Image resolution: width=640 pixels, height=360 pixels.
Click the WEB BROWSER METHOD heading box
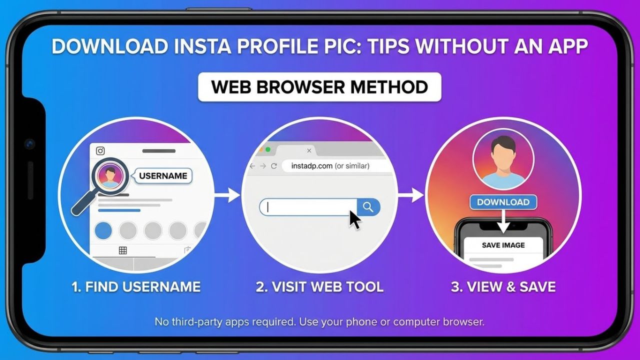(319, 87)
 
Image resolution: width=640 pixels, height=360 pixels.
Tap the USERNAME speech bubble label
(163, 176)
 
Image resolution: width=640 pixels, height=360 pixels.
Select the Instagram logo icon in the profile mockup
(100, 150)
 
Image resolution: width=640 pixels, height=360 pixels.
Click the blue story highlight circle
(103, 230)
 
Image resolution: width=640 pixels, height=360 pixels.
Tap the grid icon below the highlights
(122, 250)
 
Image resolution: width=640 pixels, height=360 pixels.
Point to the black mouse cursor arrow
(354, 219)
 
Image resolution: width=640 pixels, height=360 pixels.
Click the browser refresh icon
(273, 166)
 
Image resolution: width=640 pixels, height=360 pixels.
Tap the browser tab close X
(309, 150)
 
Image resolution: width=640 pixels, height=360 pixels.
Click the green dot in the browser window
(268, 149)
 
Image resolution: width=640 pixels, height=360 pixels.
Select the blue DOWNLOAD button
(503, 202)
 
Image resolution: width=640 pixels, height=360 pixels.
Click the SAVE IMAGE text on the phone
(503, 245)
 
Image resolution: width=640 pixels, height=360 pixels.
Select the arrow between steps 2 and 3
(411, 195)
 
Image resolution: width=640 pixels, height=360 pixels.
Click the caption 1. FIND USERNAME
(135, 287)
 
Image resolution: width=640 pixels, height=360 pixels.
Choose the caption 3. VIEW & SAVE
(503, 287)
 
